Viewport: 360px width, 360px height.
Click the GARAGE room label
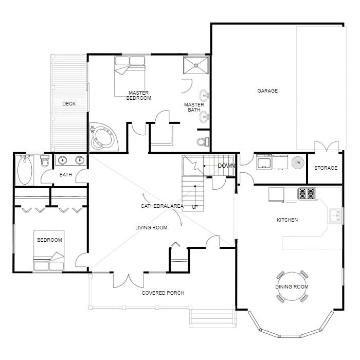coord(267,91)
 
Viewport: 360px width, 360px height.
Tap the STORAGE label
coord(326,168)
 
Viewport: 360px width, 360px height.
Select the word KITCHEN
coord(287,220)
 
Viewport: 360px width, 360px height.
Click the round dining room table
coord(292,286)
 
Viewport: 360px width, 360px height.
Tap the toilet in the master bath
coord(203,141)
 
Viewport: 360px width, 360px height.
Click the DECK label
coord(69,104)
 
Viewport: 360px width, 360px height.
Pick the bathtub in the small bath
coord(25,171)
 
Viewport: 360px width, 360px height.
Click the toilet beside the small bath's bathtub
coord(45,162)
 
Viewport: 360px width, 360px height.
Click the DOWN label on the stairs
coord(226,166)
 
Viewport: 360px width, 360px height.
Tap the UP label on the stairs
coord(195,207)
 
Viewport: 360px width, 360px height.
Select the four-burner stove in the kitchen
coord(307,194)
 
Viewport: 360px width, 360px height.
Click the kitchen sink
coord(335,215)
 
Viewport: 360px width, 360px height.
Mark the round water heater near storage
coord(297,163)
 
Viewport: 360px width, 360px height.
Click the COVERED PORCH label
coord(163,293)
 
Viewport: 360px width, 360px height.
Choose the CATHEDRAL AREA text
coord(162,206)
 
